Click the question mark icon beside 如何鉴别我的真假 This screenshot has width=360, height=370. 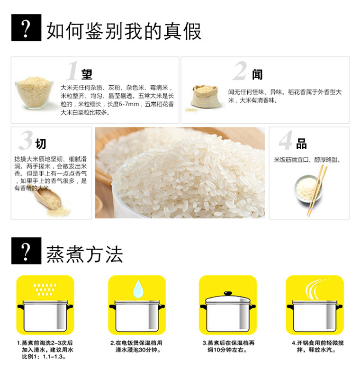26,27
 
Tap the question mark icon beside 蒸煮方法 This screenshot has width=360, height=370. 26,251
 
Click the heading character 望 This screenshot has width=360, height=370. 87,74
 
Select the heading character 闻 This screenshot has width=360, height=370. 257,74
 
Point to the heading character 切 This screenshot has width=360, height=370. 41,144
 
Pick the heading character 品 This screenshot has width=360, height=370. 301,144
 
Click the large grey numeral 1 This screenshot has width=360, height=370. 72,71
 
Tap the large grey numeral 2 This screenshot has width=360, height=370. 241,71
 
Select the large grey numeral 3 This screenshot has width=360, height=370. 26,140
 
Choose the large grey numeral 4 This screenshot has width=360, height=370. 286,140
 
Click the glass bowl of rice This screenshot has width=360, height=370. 34,92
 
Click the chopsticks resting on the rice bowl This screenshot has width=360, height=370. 317,190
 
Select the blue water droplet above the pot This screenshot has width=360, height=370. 138,289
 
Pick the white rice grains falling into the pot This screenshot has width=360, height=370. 45,289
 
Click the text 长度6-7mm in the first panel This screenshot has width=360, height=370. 123,104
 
